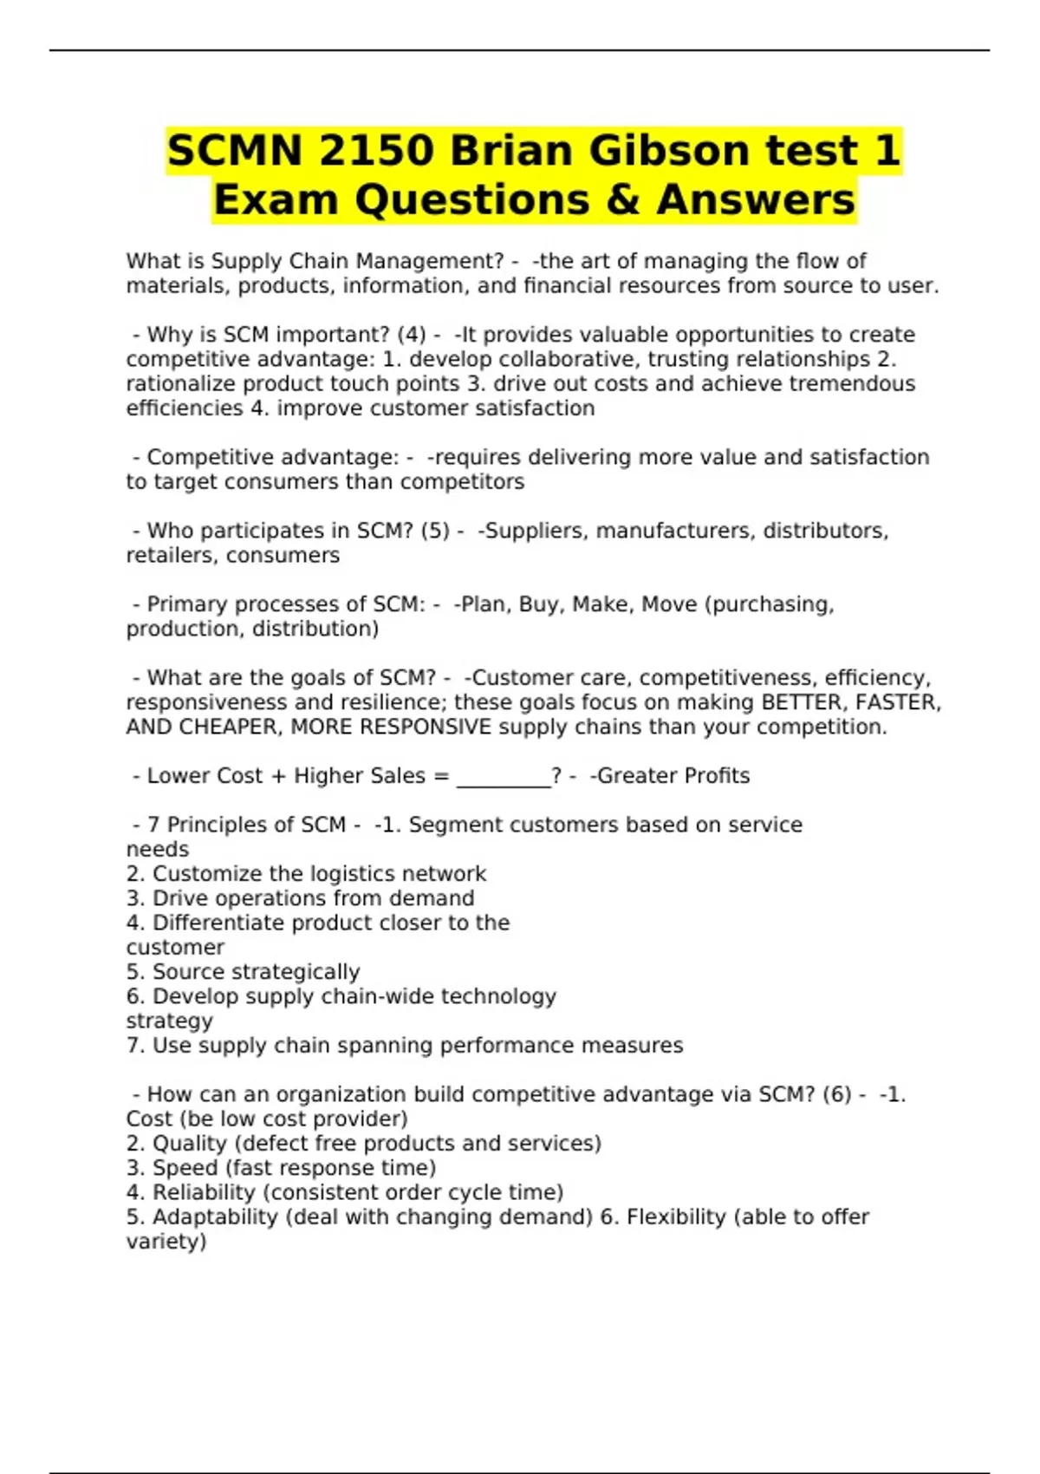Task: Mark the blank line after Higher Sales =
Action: [x=504, y=776]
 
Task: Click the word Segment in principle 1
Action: [x=452, y=825]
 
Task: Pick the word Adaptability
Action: [x=215, y=1216]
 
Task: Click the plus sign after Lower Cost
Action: [x=278, y=776]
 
